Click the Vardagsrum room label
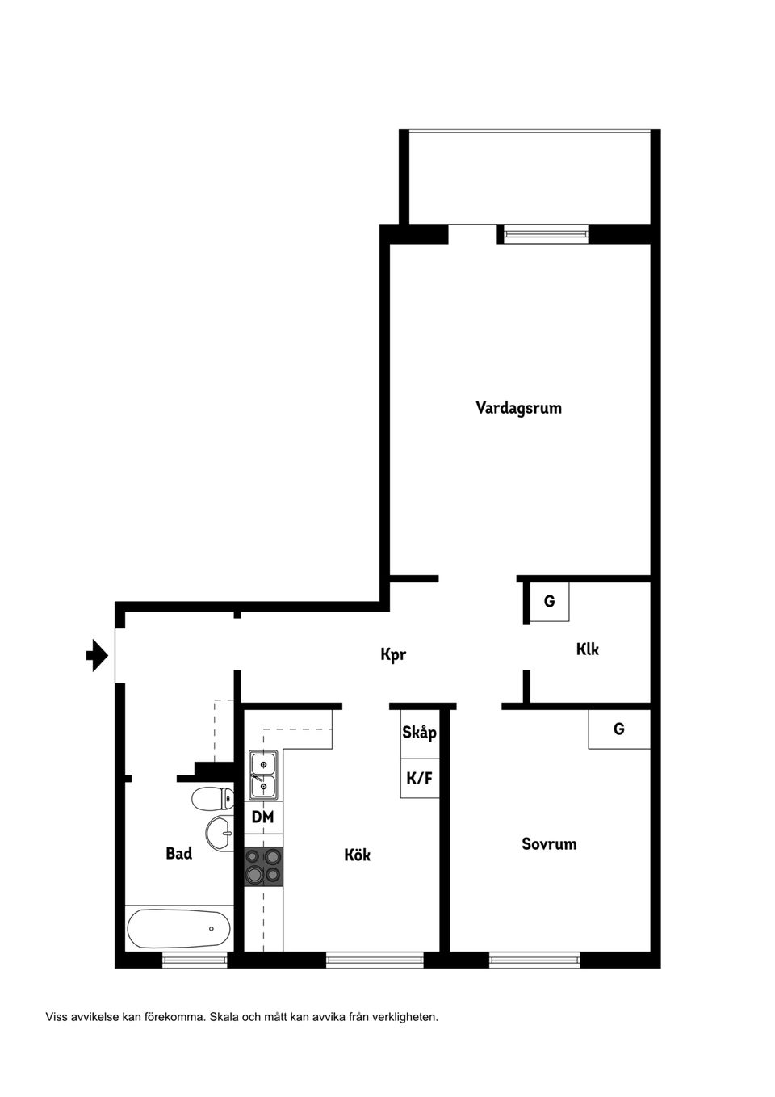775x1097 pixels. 518,408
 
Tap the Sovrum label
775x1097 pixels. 549,844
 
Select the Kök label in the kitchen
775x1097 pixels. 357,855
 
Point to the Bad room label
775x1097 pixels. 178,853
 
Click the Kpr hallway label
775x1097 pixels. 393,654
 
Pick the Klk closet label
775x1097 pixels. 587,649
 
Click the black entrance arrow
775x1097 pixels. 97,655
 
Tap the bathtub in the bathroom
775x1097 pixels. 178,928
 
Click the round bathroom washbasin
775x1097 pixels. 219,832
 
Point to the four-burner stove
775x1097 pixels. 263,865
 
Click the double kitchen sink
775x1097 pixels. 263,774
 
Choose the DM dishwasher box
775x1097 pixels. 262,817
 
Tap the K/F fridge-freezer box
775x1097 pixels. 420,779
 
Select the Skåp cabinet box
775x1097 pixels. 420,733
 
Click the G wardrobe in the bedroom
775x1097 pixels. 619,729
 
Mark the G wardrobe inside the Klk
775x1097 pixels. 549,601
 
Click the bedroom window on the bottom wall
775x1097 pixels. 534,960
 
